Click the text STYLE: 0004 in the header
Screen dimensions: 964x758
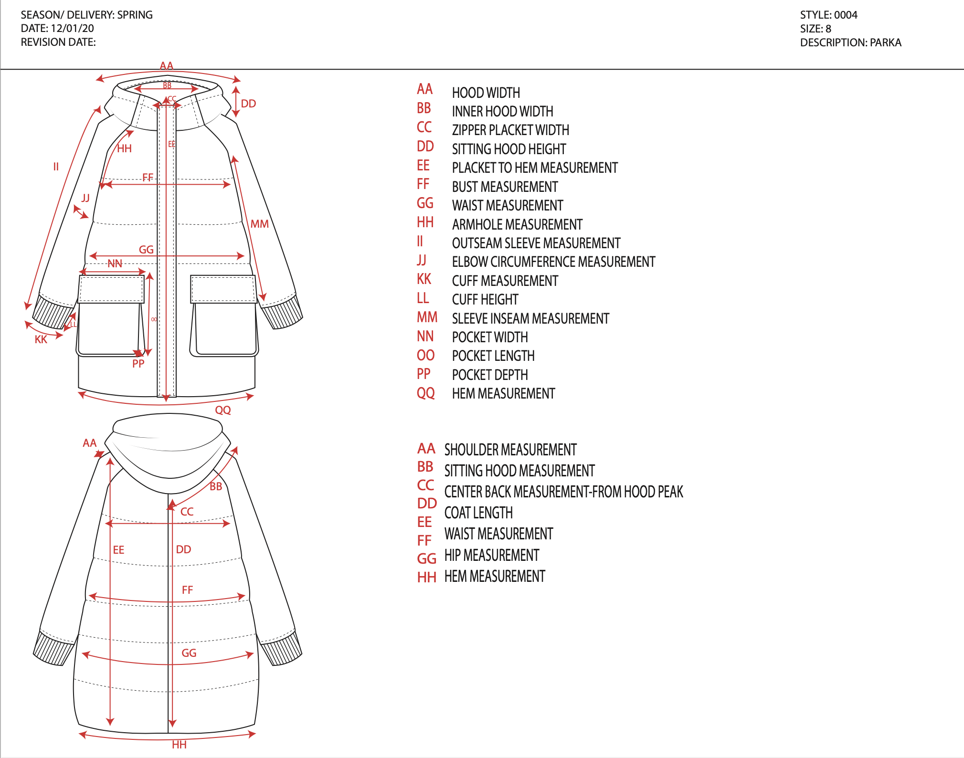[x=828, y=15]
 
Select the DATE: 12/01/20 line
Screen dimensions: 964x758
[x=57, y=28]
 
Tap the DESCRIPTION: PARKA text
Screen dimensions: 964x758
[x=850, y=42]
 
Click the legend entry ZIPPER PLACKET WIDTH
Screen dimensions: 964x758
[x=510, y=130]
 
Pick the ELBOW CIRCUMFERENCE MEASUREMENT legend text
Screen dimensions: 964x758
[x=553, y=262]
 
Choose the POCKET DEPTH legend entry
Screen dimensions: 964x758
[x=490, y=375]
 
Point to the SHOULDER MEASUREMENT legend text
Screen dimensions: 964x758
[x=510, y=450]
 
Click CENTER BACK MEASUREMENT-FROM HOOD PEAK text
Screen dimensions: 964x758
[x=563, y=492]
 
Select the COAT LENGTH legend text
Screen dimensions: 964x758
[x=478, y=513]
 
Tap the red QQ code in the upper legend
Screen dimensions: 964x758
[x=425, y=393]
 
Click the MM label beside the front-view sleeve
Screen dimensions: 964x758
[x=260, y=224]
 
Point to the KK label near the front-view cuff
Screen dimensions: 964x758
[x=41, y=339]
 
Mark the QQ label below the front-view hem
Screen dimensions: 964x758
[x=223, y=410]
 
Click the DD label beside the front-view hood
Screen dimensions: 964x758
[x=248, y=104]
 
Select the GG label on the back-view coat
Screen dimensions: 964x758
[x=189, y=653]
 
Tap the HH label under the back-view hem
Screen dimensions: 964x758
[x=180, y=745]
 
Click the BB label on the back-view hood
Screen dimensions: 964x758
[x=216, y=486]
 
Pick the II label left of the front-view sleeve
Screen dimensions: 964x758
[x=56, y=167]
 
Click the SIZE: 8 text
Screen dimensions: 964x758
[x=816, y=29]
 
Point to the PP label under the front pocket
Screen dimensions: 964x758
[x=138, y=364]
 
